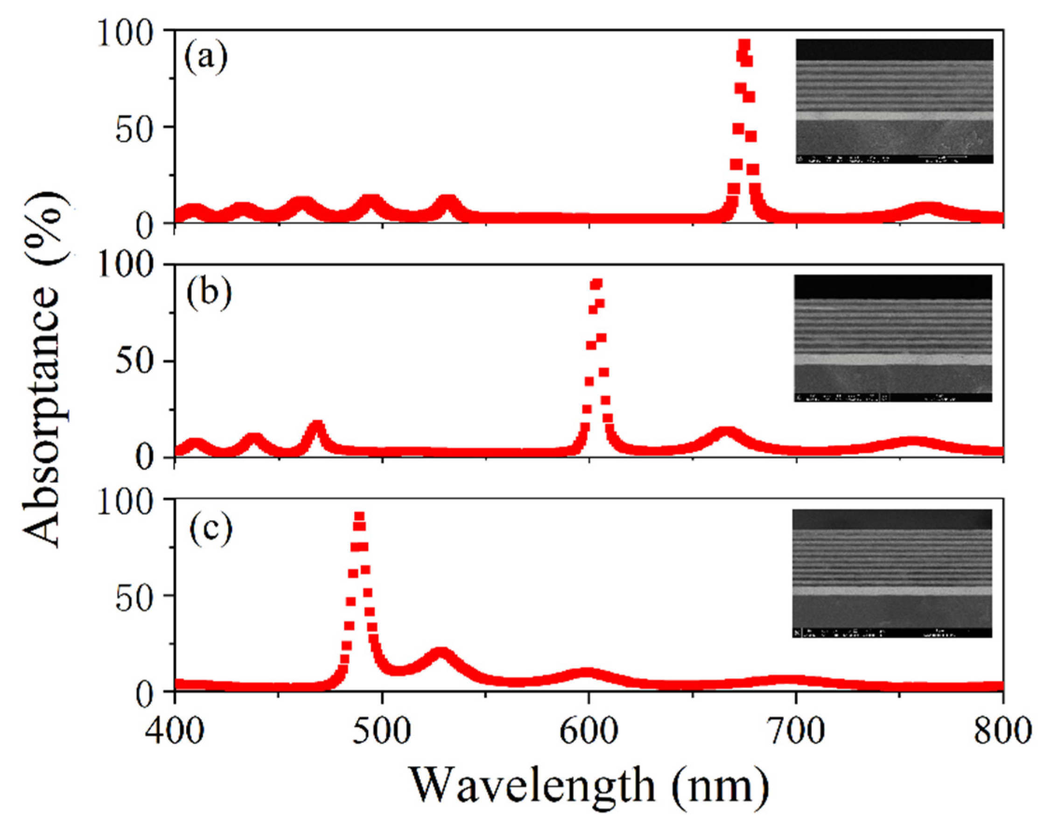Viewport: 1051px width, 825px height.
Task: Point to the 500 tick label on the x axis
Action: [382, 731]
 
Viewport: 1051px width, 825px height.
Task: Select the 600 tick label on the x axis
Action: [589, 731]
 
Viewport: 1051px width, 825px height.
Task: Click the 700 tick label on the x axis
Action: [795, 731]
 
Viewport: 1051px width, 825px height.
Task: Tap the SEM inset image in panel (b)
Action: [893, 338]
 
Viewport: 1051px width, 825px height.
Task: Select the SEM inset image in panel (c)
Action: [892, 573]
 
